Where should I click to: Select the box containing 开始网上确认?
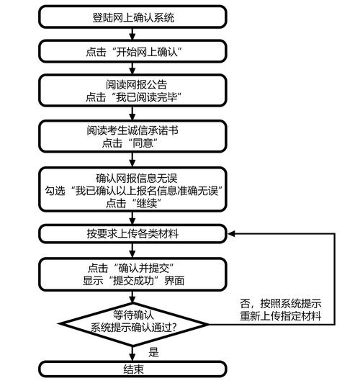point(132,51)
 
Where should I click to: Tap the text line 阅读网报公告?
point(132,84)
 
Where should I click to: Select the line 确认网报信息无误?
point(132,177)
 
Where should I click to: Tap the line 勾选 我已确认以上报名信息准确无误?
point(132,190)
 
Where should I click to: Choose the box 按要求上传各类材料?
point(132,234)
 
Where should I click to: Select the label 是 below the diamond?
point(153,352)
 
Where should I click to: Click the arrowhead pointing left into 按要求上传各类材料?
point(232,234)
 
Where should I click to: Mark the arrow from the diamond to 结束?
point(132,353)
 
